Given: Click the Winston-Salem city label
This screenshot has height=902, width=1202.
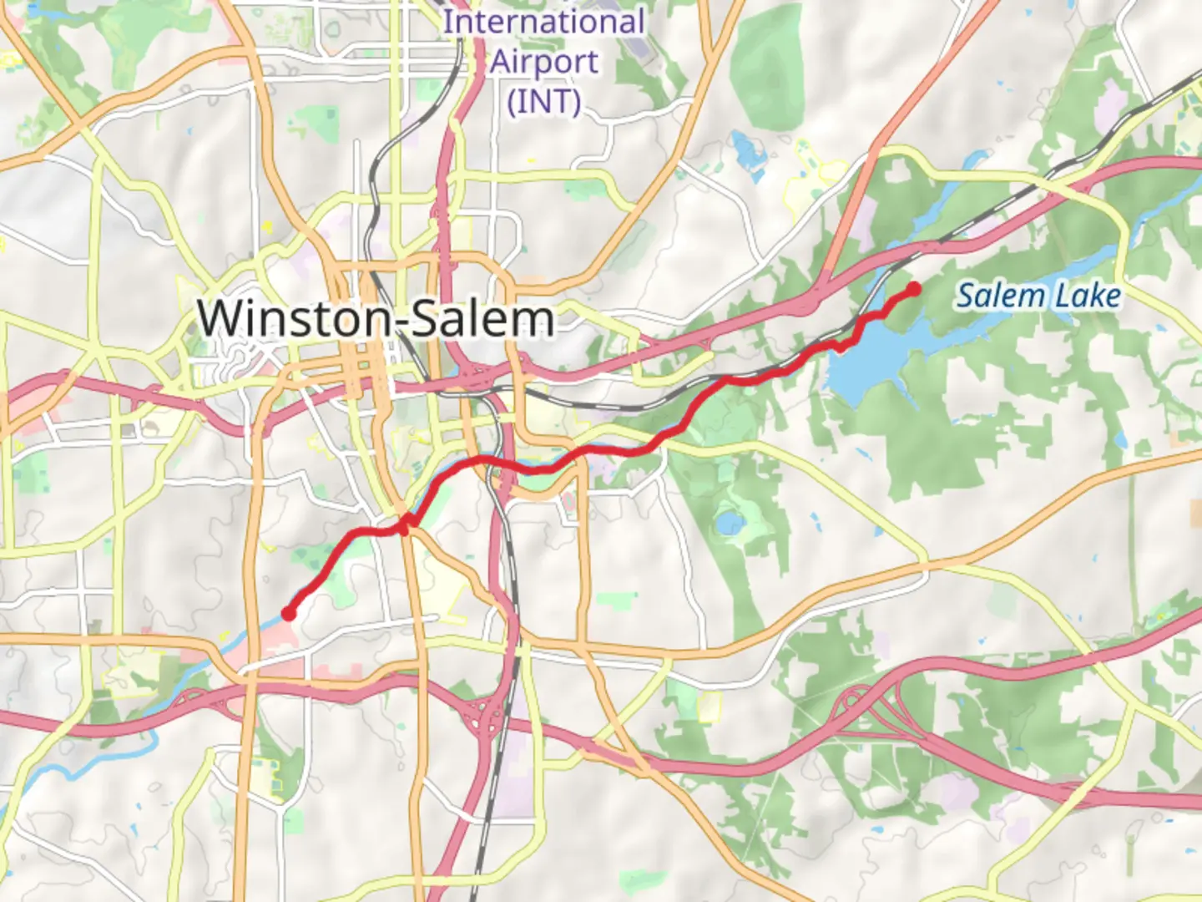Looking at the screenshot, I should [x=376, y=319].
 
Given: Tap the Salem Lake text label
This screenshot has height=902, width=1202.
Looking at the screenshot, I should [x=1038, y=296].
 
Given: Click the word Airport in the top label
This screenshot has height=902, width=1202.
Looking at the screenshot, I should [x=544, y=62].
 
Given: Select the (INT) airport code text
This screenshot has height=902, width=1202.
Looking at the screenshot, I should [x=544, y=102].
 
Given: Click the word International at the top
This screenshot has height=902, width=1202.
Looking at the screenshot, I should [x=544, y=23].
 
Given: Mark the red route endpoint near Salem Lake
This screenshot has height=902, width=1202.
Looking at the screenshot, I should [x=914, y=289].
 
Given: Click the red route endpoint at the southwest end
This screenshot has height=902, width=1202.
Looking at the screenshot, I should [x=289, y=614].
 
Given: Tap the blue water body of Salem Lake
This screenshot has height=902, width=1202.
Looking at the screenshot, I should [x=868, y=367].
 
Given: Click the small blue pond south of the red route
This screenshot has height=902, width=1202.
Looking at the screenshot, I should [x=730, y=524].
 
